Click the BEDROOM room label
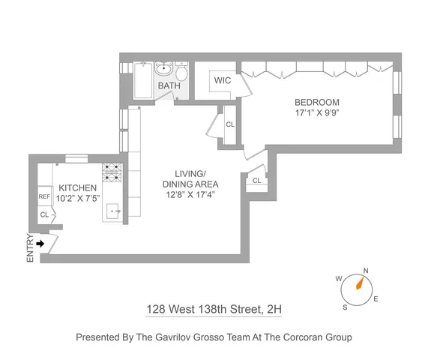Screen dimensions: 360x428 316,103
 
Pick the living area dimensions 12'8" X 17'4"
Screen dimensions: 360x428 190,195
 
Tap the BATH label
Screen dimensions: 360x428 169,86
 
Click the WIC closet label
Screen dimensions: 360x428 222,79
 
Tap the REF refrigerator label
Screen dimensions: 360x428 44,197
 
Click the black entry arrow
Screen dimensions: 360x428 40,243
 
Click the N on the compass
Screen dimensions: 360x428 366,271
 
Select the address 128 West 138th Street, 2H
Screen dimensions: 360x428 214,309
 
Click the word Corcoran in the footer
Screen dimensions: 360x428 285,337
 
